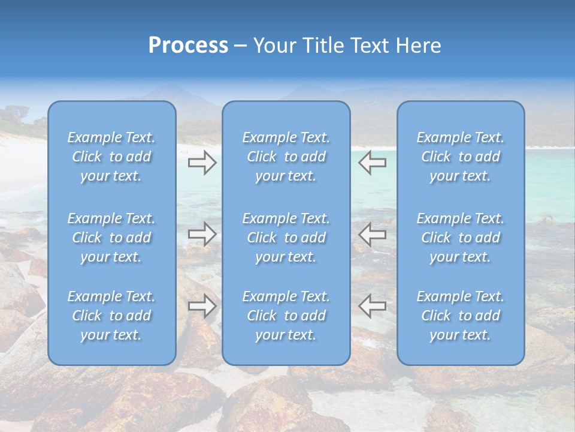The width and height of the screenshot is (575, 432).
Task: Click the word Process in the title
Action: click(x=188, y=46)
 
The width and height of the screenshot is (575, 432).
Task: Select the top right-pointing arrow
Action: click(x=202, y=163)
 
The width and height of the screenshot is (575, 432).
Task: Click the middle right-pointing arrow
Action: click(x=202, y=234)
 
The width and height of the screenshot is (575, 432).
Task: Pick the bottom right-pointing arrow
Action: click(x=202, y=306)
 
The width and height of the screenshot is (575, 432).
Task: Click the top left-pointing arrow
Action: click(x=372, y=163)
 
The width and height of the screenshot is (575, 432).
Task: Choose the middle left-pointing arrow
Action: click(x=372, y=234)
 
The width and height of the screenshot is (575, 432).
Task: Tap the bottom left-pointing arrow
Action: click(x=372, y=306)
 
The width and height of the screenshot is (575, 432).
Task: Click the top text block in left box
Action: click(x=111, y=157)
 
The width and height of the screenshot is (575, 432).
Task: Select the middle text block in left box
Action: click(x=111, y=238)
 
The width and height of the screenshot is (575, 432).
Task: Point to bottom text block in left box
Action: click(x=111, y=316)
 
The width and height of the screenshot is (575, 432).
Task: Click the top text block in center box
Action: click(x=286, y=157)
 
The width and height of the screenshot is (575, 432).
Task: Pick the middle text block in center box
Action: click(x=286, y=238)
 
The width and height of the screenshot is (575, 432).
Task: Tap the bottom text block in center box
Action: click(x=286, y=316)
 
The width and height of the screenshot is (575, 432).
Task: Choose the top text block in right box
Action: click(x=461, y=157)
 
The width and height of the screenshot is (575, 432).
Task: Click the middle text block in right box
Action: click(x=461, y=238)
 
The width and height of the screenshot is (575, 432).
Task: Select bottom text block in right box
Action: click(x=461, y=316)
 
